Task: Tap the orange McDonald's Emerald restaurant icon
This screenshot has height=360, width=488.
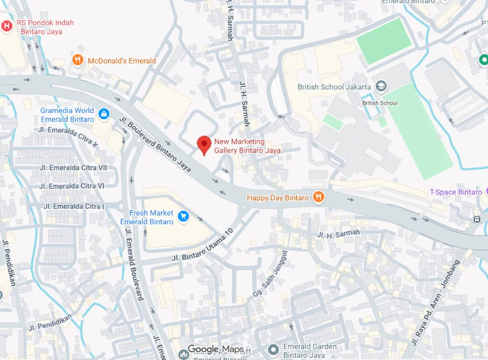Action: [78, 60]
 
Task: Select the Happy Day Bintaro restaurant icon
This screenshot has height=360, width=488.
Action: [319, 198]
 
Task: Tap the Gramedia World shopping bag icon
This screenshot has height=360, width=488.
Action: [104, 114]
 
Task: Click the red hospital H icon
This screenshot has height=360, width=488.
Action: [7, 26]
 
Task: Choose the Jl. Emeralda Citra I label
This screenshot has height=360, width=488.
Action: [73, 206]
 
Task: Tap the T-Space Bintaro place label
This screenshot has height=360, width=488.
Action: [455, 192]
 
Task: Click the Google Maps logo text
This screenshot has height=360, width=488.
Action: [216, 349]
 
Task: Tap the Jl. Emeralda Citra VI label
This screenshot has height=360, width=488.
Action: [72, 186]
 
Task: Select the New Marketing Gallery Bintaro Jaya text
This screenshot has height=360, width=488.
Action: [247, 146]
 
